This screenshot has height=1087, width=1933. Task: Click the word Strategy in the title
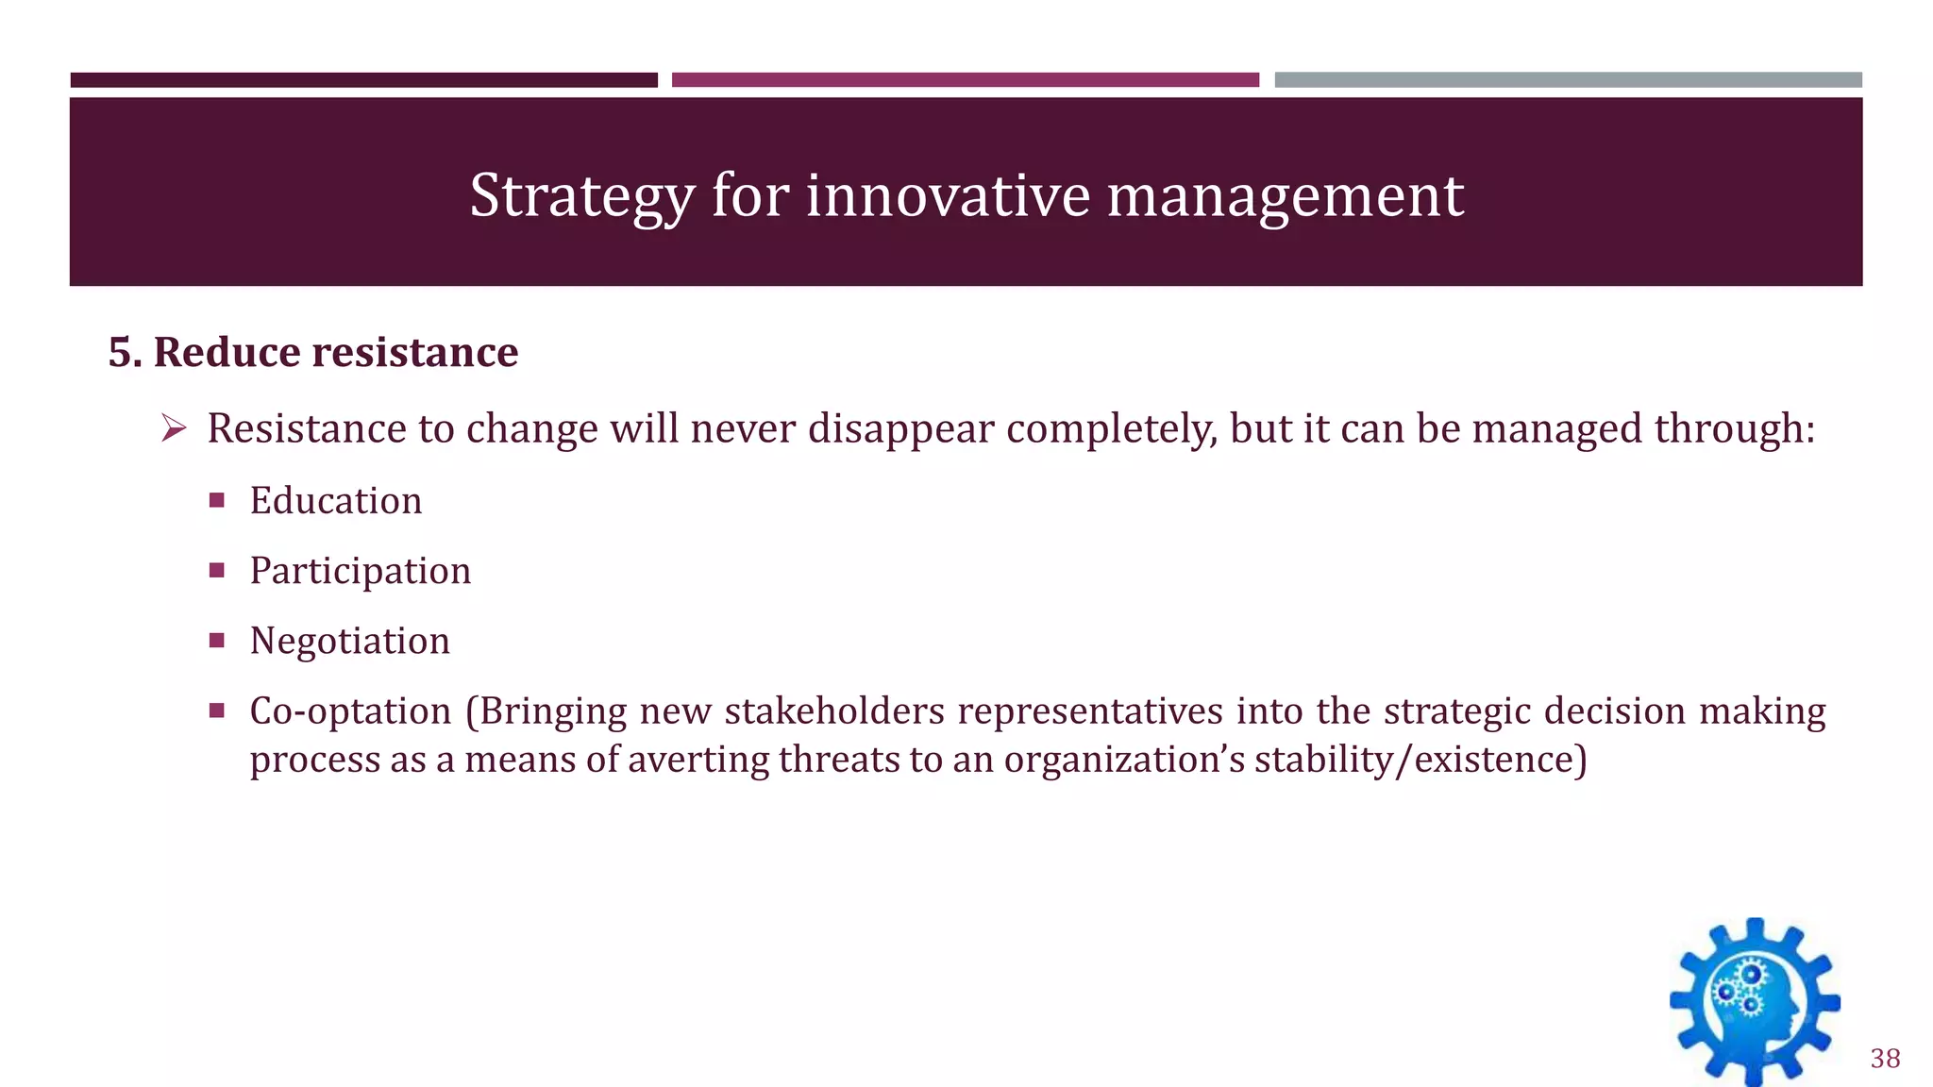tap(581, 196)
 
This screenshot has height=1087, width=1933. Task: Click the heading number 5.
tap(124, 352)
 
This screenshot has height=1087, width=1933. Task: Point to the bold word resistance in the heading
tap(414, 352)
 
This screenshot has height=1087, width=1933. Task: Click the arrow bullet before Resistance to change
tap(174, 429)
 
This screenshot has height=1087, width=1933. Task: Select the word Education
tap(335, 500)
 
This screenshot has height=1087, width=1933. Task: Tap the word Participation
tap(360, 571)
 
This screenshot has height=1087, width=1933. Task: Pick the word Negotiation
tap(349, 641)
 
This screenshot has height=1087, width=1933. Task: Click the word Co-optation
tap(350, 711)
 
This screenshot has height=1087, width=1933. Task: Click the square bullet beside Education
tap(217, 500)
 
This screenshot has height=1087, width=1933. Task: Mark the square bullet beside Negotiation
tap(217, 641)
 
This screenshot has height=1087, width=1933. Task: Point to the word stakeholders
tap(834, 711)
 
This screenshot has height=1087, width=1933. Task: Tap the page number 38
tap(1885, 1059)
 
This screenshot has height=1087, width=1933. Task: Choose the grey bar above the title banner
tap(1568, 80)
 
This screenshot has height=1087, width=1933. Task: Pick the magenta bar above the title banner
tap(965, 80)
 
